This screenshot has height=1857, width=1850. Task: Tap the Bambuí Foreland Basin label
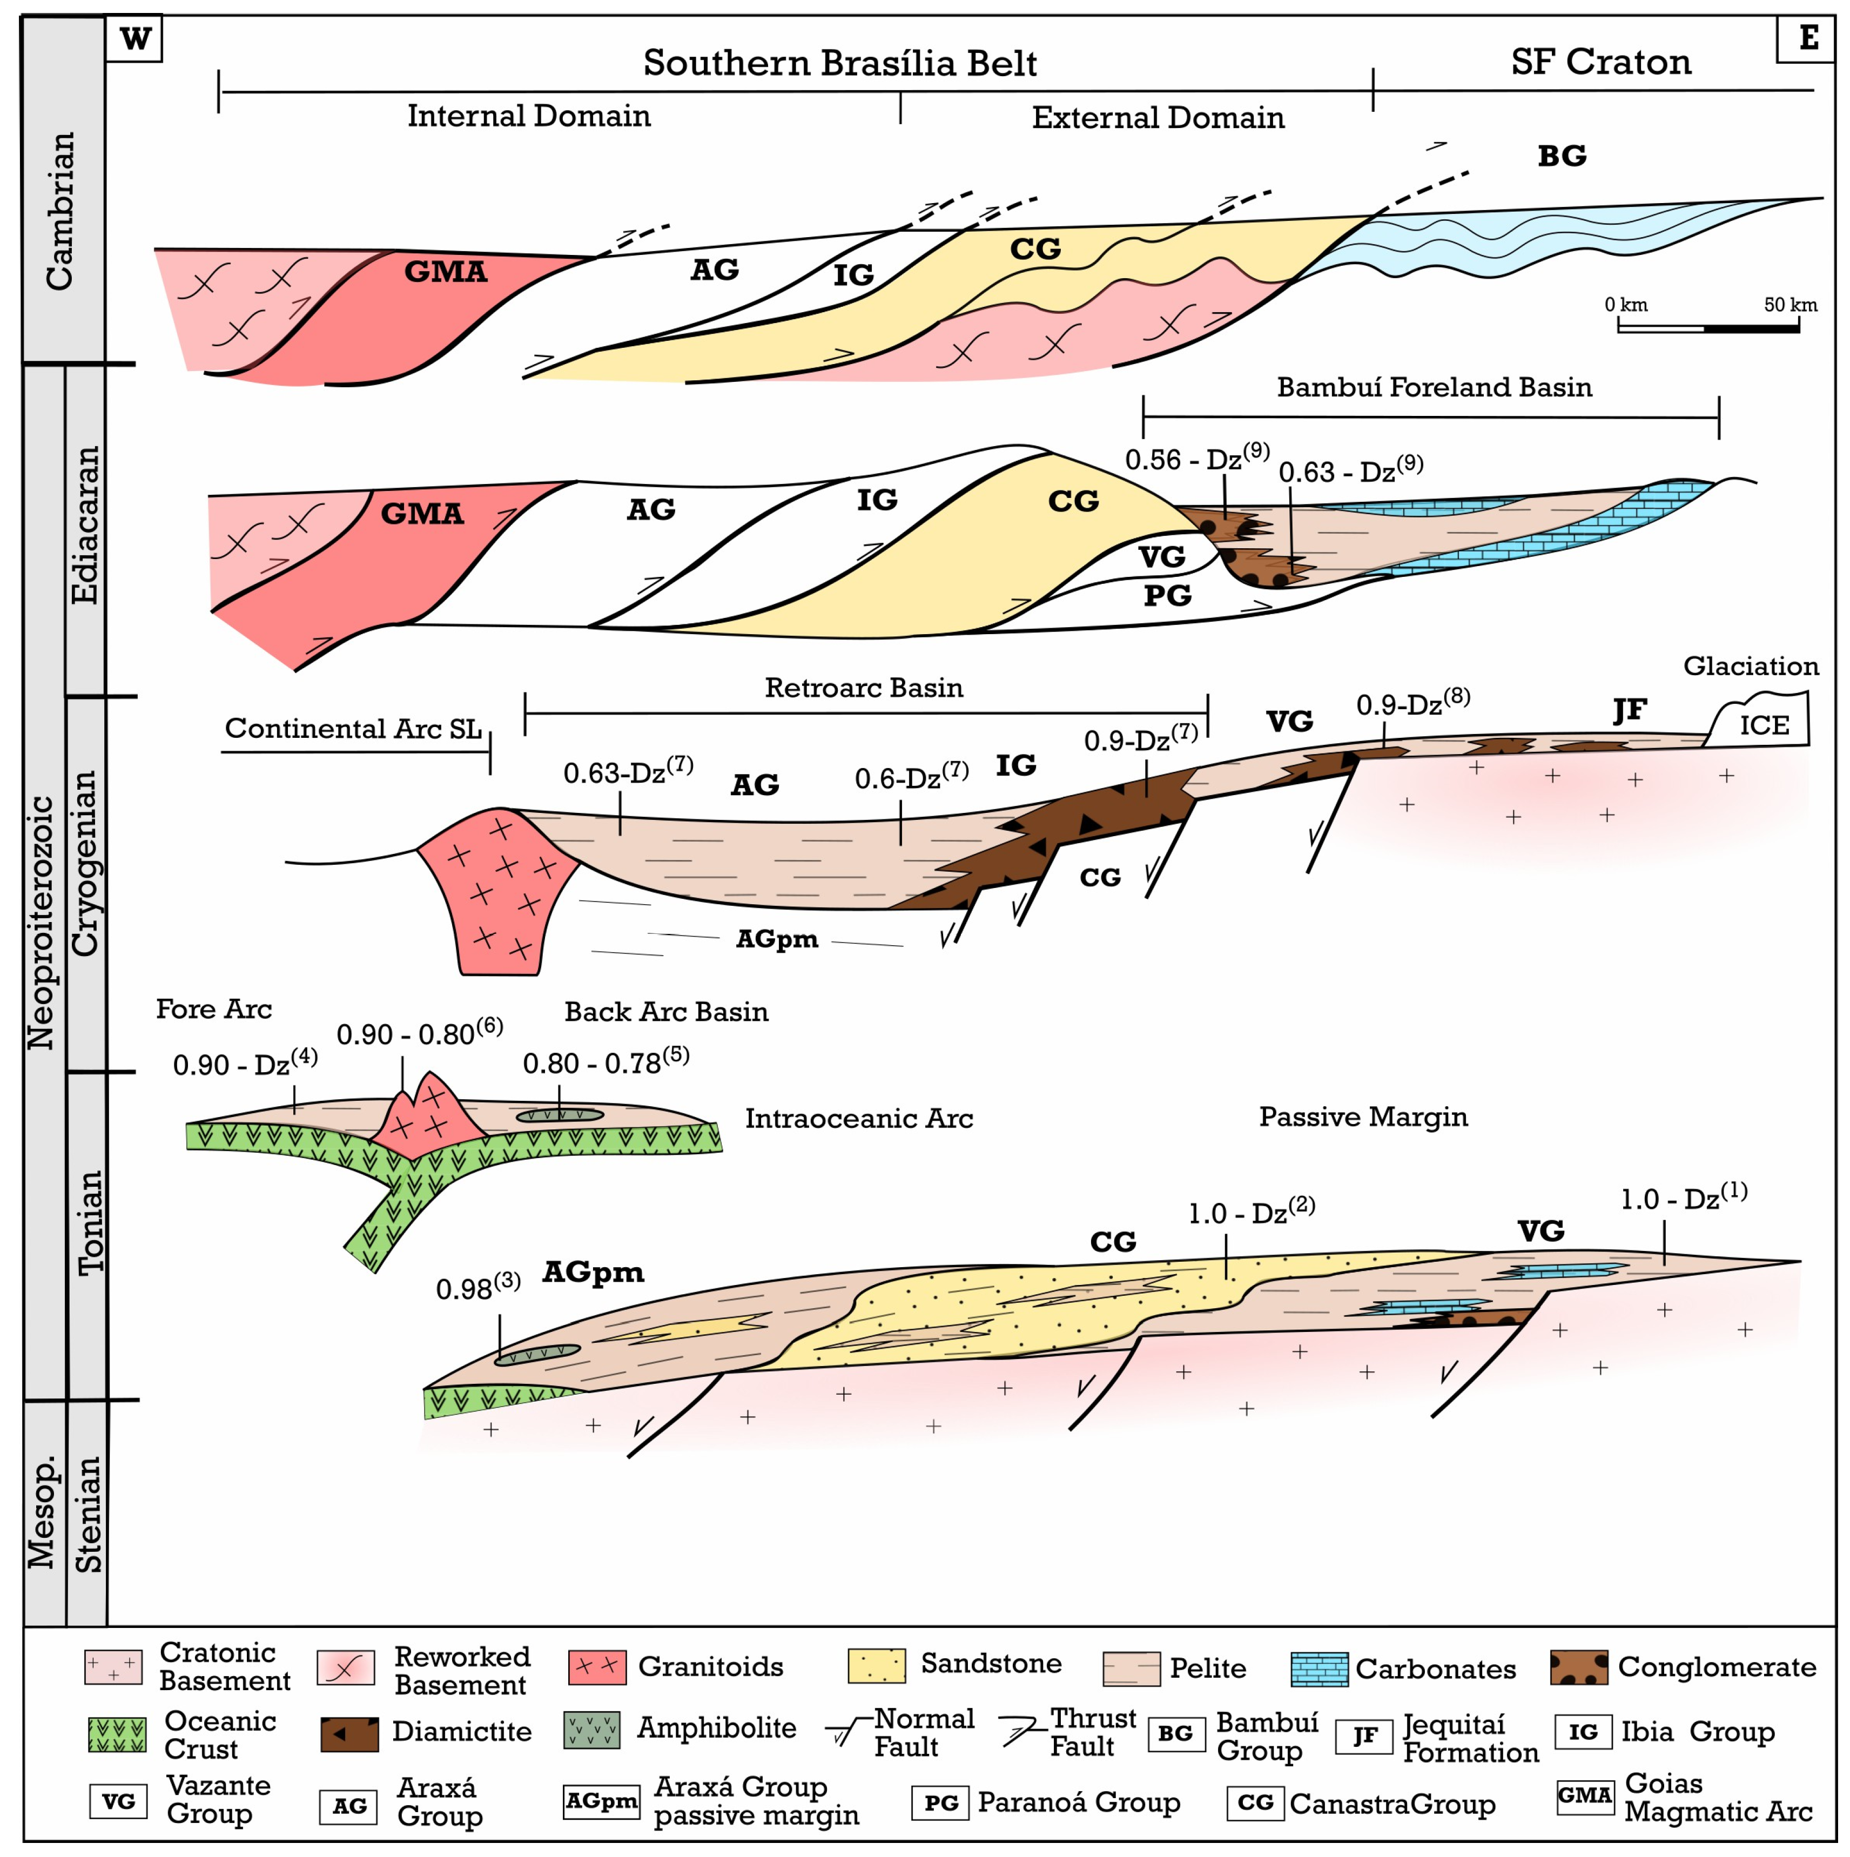(1433, 387)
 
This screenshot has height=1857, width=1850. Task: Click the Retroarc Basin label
(863, 688)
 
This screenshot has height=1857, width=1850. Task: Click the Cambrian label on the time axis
(59, 211)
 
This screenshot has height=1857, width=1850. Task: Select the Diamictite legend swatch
(349, 1734)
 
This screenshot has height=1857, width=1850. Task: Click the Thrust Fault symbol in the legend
(1021, 1733)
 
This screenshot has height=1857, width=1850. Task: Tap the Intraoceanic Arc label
(858, 1119)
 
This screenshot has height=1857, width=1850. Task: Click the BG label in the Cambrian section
(1560, 156)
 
